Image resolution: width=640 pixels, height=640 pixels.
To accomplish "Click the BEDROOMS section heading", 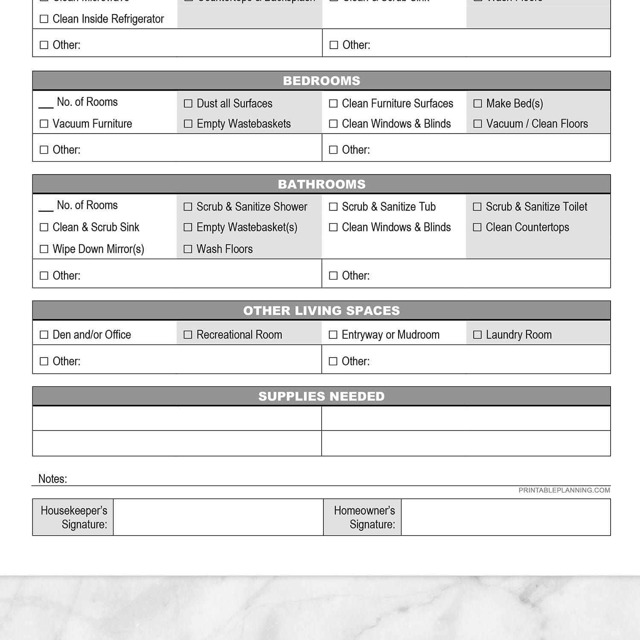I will pos(321,81).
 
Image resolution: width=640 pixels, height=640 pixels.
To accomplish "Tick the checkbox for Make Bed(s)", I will pos(478,103).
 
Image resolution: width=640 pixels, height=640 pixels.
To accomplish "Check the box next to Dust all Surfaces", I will pos(188,103).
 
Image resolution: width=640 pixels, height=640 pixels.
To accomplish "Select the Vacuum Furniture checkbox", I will pos(44,124).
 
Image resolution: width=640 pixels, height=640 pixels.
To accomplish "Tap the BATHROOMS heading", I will pos(321,184).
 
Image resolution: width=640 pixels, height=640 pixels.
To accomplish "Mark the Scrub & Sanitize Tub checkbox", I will pos(333,207).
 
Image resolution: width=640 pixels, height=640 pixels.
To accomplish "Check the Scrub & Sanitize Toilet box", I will pos(477,207).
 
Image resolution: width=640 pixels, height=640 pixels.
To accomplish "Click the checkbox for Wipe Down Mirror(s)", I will pos(44,249).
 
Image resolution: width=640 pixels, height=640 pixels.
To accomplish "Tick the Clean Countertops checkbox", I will pos(477,227).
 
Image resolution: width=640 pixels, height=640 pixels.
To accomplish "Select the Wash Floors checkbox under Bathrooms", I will pos(188,249).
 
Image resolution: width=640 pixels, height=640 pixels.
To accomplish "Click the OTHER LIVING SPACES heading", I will pos(321,311).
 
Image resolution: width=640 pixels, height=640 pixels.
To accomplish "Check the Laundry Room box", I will pos(477,335).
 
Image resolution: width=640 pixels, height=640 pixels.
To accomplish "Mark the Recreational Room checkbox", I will pos(188,335).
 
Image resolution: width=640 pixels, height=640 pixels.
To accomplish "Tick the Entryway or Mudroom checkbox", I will pos(333,335).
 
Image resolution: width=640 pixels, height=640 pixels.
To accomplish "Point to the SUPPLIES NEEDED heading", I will pos(321,396).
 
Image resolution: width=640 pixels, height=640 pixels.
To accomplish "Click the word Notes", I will pos(52,479).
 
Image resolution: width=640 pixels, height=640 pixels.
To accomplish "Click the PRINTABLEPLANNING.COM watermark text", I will pos(564,490).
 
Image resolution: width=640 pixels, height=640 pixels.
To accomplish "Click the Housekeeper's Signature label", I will pos(73,517).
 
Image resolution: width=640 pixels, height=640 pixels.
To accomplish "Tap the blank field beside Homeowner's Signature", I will pos(506,517).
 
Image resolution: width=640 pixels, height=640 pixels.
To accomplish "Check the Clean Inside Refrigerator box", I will pos(44,19).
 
